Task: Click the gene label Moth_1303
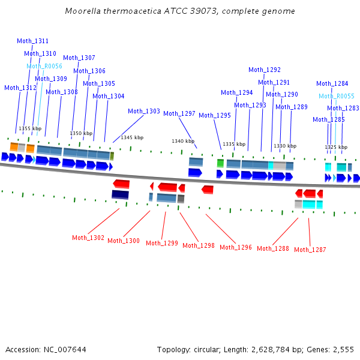click(x=144, y=111)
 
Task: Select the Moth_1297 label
click(x=179, y=113)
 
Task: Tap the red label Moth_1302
click(x=88, y=238)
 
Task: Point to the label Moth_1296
click(x=236, y=247)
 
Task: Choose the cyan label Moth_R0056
click(x=44, y=66)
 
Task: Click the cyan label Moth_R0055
click(x=337, y=96)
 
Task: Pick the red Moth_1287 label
click(x=310, y=250)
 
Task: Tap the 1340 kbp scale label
click(x=183, y=141)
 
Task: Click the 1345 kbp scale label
click(x=132, y=137)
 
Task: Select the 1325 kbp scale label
click(x=336, y=147)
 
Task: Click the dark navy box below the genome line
click(x=120, y=194)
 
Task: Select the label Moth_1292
click(x=265, y=70)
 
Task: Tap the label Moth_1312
click(x=20, y=88)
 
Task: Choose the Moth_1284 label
click(x=332, y=83)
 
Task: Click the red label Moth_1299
click(x=162, y=243)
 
